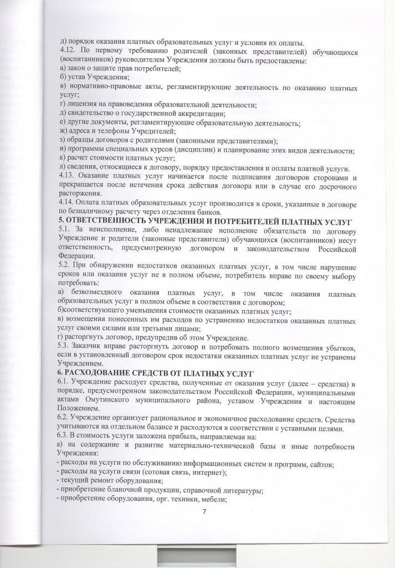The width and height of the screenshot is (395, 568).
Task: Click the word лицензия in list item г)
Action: point(83,105)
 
